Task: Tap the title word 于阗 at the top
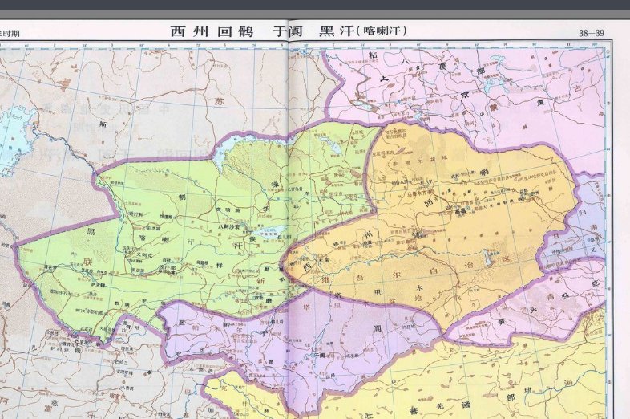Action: pyautogui.click(x=289, y=31)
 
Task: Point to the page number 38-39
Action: pyautogui.click(x=591, y=33)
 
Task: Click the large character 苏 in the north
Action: pyautogui.click(x=219, y=101)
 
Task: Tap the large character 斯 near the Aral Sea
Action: pyautogui.click(x=103, y=124)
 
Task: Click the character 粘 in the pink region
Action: pyautogui.click(x=372, y=55)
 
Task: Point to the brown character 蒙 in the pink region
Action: pyautogui.click(x=495, y=105)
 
